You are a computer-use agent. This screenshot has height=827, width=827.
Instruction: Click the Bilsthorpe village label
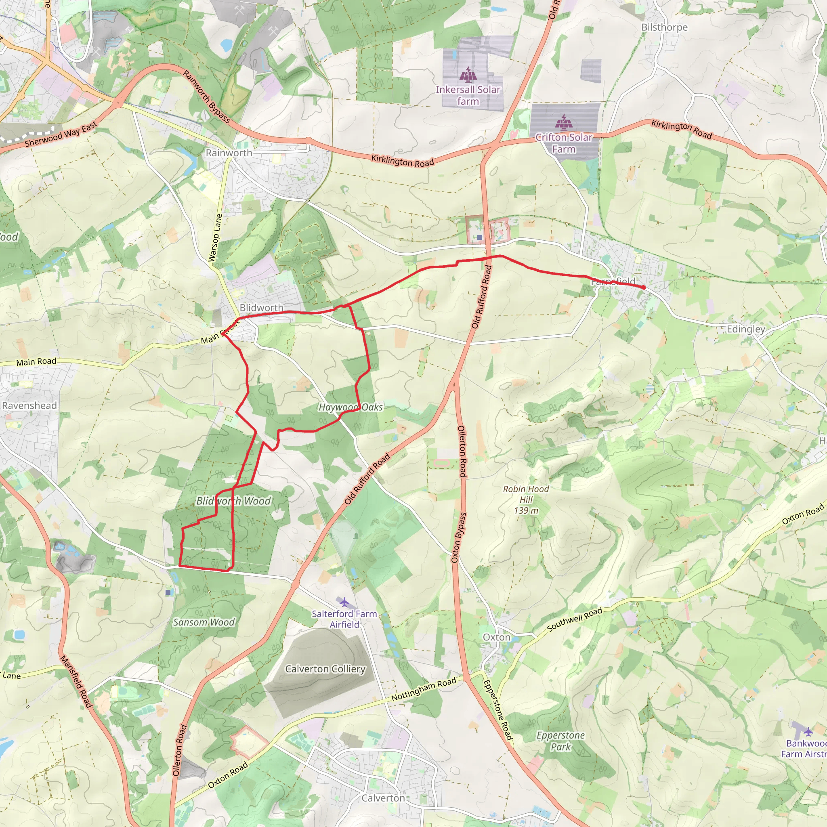click(x=664, y=27)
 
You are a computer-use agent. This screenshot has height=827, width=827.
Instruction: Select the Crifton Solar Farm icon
click(x=563, y=122)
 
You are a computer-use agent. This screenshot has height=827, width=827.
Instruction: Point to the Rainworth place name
click(x=229, y=153)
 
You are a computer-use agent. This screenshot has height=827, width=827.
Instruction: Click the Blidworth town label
click(x=261, y=308)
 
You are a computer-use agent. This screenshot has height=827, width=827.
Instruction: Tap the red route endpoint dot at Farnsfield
click(x=643, y=287)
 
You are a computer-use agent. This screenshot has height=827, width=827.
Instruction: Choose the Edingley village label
click(x=746, y=329)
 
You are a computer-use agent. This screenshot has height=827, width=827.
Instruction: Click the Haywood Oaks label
click(x=351, y=407)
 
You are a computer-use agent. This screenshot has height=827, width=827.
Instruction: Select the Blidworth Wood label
click(x=233, y=501)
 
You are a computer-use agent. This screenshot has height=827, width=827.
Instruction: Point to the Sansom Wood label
click(x=204, y=622)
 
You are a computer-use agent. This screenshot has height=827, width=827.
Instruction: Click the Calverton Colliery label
click(x=325, y=669)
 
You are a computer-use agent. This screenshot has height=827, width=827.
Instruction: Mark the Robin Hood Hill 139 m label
click(x=526, y=500)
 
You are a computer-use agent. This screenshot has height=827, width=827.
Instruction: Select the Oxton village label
click(x=497, y=637)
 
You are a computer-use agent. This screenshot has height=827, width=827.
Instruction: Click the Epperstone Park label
click(x=560, y=741)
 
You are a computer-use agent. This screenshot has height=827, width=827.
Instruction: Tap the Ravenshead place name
click(x=29, y=405)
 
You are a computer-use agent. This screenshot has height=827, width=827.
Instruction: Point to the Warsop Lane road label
click(x=215, y=237)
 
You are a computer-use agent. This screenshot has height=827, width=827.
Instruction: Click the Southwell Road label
click(x=575, y=619)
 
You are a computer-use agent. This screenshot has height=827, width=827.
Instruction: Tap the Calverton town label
click(x=383, y=798)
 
